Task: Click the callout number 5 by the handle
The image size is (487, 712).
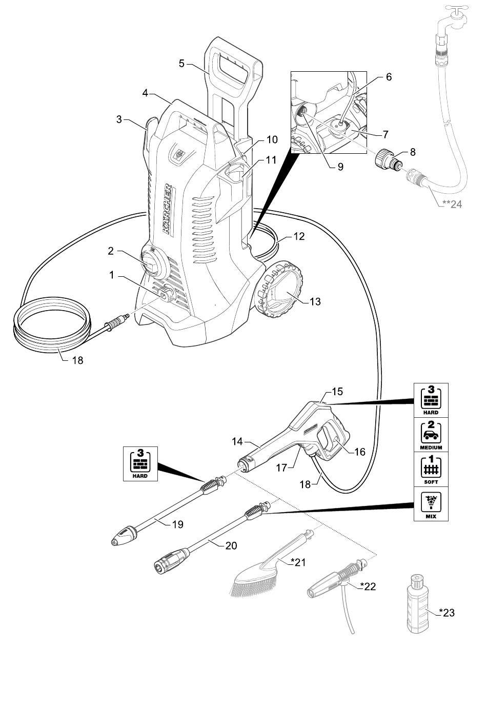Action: pyautogui.click(x=181, y=63)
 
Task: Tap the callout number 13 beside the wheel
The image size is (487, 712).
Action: pyautogui.click(x=315, y=301)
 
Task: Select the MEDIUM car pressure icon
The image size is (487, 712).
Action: pyautogui.click(x=431, y=435)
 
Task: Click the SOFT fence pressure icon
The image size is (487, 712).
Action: pyautogui.click(x=431, y=469)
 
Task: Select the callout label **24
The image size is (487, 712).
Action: pyautogui.click(x=452, y=204)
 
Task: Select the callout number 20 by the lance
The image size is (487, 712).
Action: pyautogui.click(x=231, y=545)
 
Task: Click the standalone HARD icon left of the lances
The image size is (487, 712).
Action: pyautogui.click(x=139, y=463)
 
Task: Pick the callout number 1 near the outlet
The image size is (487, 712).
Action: pyautogui.click(x=111, y=275)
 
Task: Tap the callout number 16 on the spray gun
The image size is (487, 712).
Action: pyautogui.click(x=360, y=452)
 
